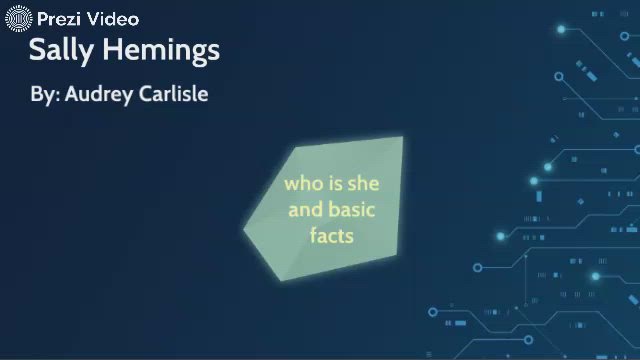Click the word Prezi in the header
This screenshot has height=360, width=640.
(x=59, y=19)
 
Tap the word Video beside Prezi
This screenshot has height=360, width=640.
(x=112, y=19)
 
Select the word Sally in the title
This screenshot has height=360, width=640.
(x=62, y=50)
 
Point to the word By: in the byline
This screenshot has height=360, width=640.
(x=45, y=95)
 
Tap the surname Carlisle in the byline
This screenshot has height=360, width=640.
(x=173, y=95)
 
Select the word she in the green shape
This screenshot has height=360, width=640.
(x=362, y=184)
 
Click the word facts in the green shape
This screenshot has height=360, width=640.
(x=332, y=236)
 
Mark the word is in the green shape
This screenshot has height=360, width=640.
(x=334, y=184)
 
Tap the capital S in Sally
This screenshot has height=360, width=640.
(x=37, y=50)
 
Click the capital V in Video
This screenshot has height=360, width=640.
(x=94, y=19)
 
